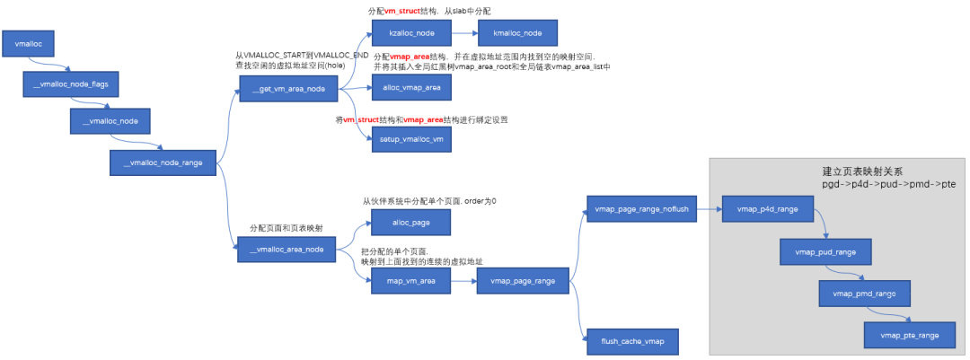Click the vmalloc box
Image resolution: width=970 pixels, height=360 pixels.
pos(35,43)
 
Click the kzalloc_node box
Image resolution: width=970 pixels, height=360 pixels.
pos(411,33)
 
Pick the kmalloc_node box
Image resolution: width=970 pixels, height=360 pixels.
pos(517,33)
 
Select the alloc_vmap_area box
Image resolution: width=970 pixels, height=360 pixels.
pos(411,87)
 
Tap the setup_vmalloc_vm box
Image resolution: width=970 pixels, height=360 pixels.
pos(411,140)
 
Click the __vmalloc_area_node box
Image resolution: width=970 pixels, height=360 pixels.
pos(287,250)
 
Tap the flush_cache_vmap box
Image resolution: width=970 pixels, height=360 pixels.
pos(628,342)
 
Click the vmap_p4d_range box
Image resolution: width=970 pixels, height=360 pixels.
pos(767,209)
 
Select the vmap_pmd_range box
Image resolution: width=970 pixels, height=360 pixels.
pos(859,294)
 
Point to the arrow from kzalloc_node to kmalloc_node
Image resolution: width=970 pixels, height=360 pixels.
pos(464,33)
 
